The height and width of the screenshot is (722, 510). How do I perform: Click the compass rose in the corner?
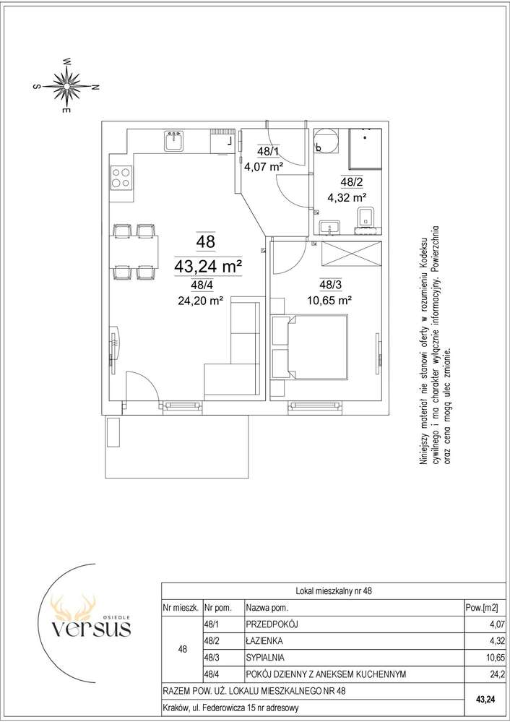pos(67,86)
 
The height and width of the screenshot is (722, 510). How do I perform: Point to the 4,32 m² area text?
pos(346,198)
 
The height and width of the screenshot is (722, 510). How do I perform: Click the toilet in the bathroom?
pos(367,219)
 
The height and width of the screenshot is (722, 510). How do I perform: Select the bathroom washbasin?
pos(329,226)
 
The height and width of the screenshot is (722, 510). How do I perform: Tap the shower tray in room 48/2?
pos(366,149)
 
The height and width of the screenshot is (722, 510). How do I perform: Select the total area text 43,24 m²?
pos(208,266)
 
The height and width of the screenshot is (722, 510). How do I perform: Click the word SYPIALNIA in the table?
pos(265,657)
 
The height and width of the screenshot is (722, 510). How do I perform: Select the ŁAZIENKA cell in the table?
pos(264,640)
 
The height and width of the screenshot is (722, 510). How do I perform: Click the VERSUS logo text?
pos(91,627)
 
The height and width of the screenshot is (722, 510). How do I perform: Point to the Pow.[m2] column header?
pos(481,608)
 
